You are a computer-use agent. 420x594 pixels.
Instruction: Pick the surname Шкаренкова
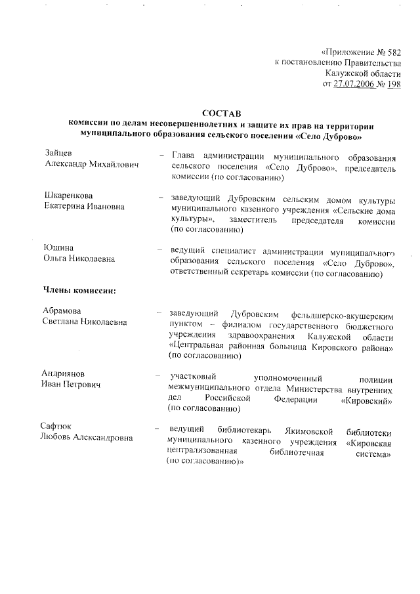(x=68, y=196)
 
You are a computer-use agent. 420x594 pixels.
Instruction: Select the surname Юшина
(x=58, y=247)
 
